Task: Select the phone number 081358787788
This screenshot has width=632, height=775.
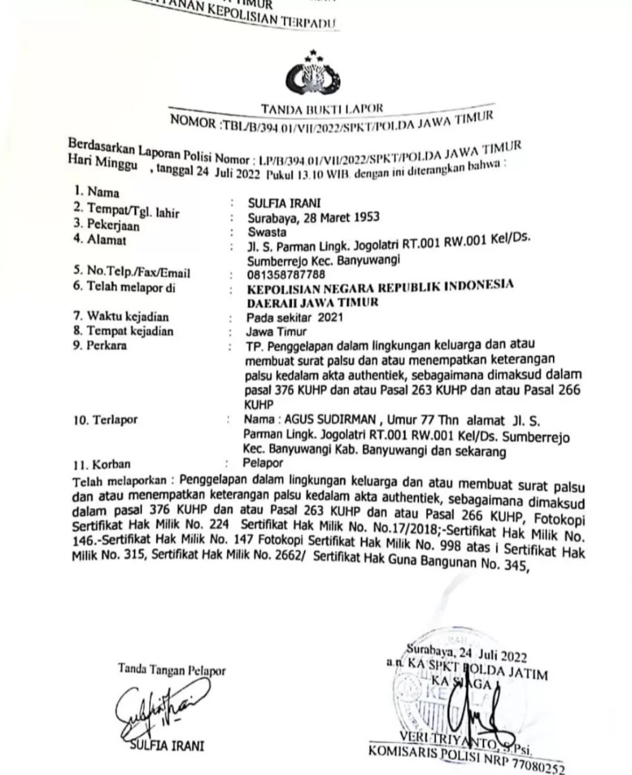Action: click(287, 275)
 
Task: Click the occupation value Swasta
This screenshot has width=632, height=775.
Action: click(267, 232)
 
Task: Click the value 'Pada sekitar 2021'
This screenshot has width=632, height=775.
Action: click(295, 317)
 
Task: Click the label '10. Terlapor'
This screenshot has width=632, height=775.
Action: click(105, 419)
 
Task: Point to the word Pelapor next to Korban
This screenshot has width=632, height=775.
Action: click(264, 463)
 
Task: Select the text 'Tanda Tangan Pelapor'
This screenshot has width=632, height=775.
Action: click(171, 670)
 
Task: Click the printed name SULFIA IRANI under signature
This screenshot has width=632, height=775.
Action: click(167, 746)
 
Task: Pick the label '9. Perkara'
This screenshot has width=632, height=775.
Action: click(100, 345)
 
